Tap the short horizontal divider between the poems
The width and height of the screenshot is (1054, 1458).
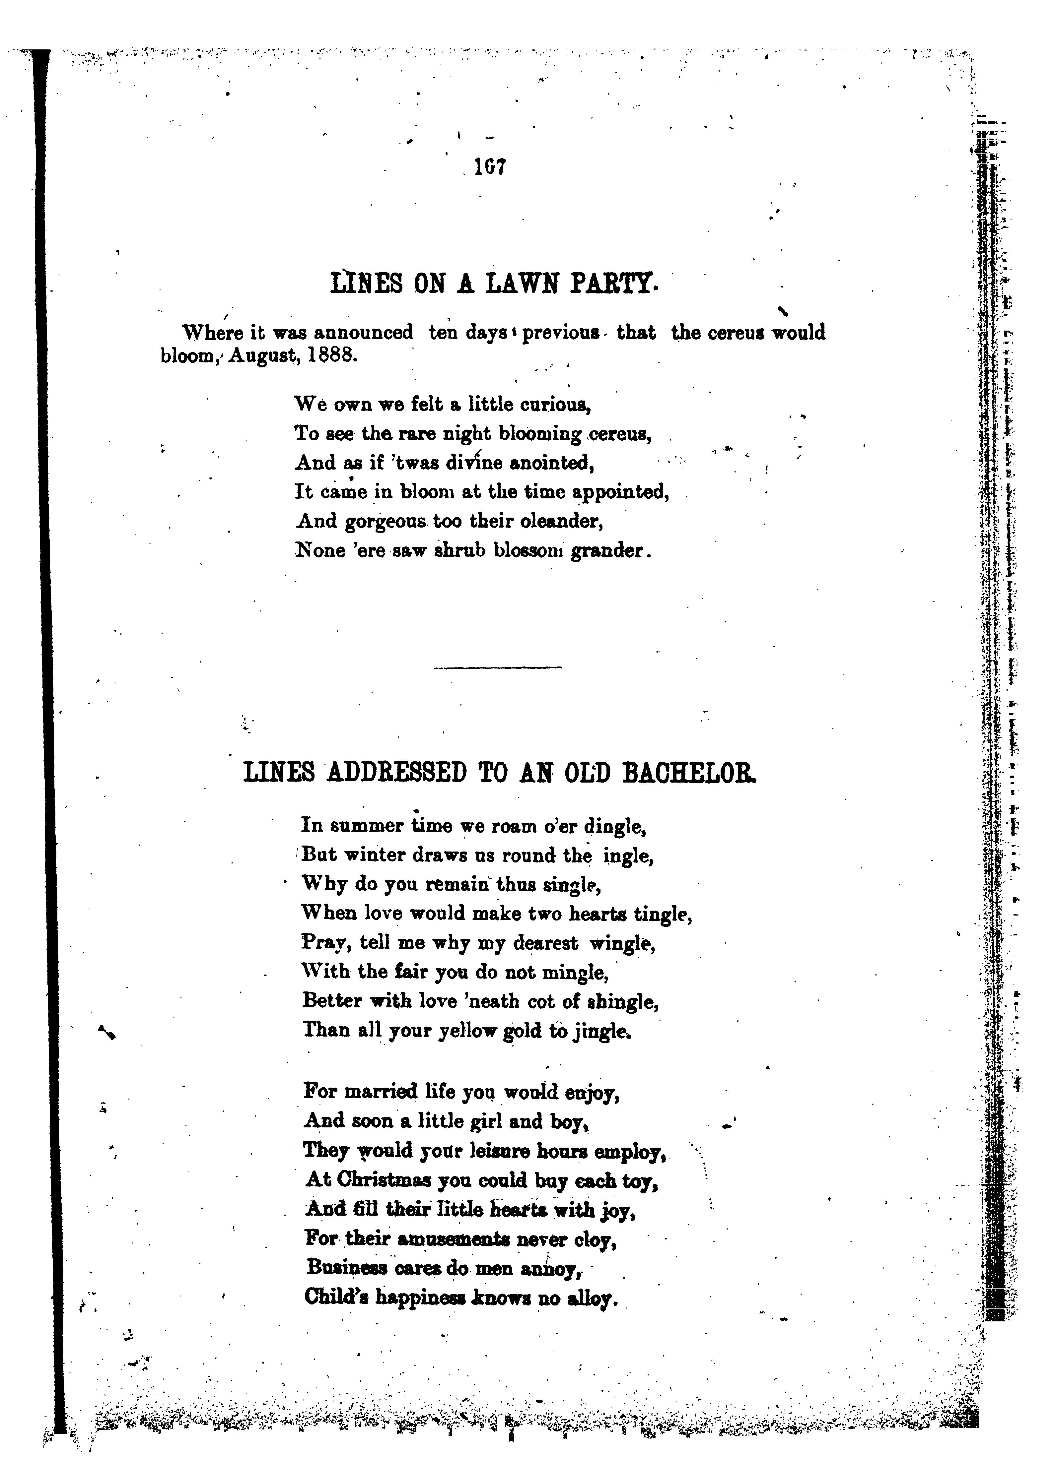(x=497, y=667)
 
